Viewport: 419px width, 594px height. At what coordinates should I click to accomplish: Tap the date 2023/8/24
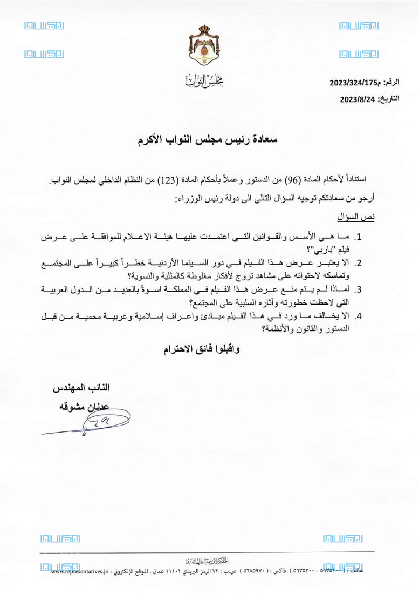pyautogui.click(x=358, y=99)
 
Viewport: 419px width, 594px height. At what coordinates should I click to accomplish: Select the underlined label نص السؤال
pyautogui.click(x=360, y=217)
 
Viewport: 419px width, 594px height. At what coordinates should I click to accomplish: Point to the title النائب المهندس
pyautogui.click(x=80, y=388)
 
